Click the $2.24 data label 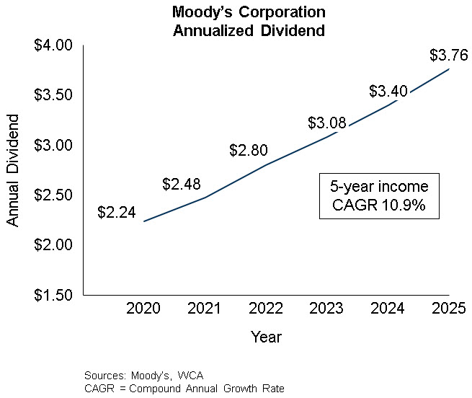117,213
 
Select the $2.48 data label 182,185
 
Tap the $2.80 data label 249,151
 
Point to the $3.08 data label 327,123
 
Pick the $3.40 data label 388,92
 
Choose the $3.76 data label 448,55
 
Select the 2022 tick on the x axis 266,309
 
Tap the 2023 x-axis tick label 327,309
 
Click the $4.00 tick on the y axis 54,45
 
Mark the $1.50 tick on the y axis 54,295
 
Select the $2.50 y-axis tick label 54,195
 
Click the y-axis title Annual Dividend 13,170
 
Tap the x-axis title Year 266,337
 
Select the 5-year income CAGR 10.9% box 378,196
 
